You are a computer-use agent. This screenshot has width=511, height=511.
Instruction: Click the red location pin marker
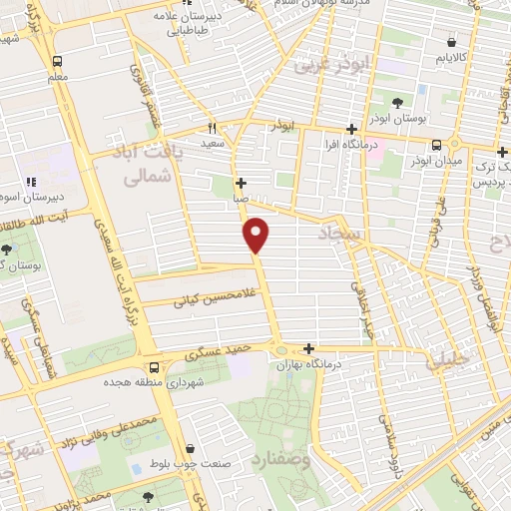point(257,235)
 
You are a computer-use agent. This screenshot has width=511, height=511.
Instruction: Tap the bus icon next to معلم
point(57,60)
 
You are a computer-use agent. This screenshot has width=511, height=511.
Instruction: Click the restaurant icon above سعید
point(212,129)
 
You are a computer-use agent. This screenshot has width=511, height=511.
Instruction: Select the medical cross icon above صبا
point(241,184)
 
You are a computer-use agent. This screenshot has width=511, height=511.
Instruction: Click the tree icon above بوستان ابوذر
point(397,103)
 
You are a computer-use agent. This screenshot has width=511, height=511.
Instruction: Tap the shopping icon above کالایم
point(454,44)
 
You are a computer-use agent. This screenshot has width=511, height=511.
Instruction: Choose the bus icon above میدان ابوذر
point(436,142)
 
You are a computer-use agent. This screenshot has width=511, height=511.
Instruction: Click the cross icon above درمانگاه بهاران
point(309,348)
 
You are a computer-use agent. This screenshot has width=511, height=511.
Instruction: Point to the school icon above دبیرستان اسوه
point(31,182)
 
